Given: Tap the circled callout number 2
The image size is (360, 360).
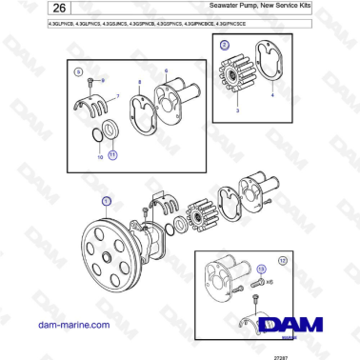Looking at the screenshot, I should click(225, 45).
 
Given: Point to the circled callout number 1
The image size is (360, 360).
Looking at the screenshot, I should click(107, 200).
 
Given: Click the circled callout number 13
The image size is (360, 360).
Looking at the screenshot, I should click(257, 270).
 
